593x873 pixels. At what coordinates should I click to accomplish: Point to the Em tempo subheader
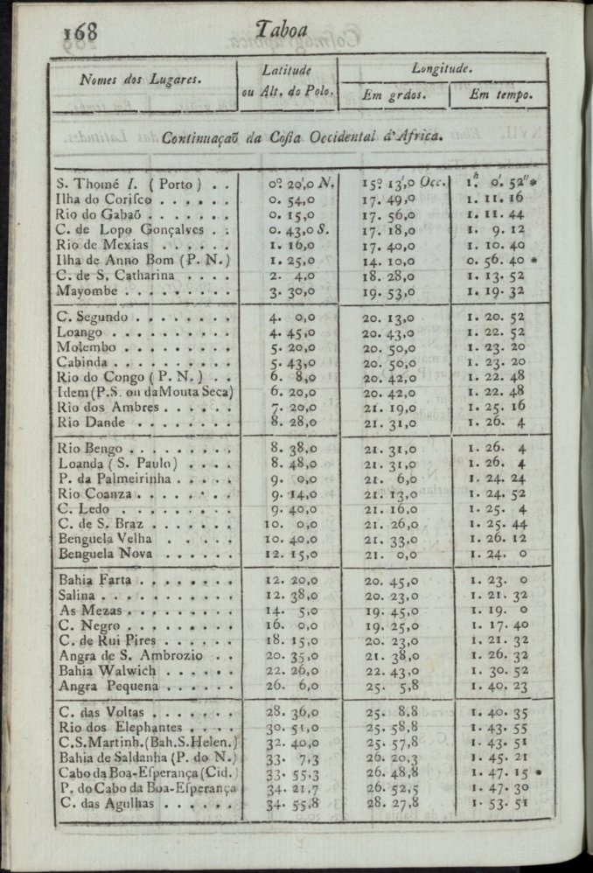tap(496, 94)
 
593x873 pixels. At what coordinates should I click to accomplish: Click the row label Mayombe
tap(90, 291)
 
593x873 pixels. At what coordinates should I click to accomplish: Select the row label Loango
tap(80, 332)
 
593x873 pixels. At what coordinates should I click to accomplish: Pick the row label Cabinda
tap(83, 361)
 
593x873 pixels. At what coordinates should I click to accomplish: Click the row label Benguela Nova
tap(103, 553)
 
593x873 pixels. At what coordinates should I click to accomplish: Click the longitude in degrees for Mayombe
tap(387, 291)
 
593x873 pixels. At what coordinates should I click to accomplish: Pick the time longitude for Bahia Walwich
tap(496, 670)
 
